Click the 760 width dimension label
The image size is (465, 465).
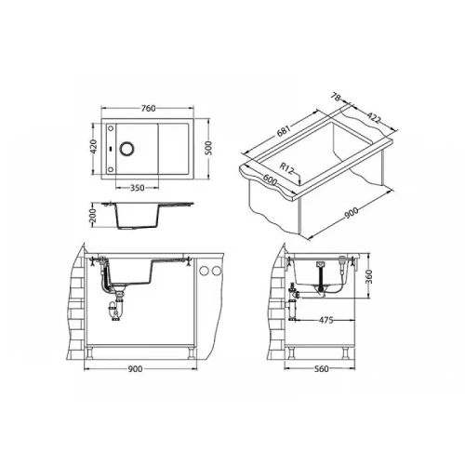pyautogui.click(x=148, y=109)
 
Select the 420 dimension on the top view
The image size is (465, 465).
pyautogui.click(x=94, y=147)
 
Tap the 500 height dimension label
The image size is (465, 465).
pyautogui.click(x=208, y=148)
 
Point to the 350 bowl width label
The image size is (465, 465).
pyautogui.click(x=137, y=188)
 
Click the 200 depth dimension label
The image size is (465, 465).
pyautogui.click(x=93, y=216)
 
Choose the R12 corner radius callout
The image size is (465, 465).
pyautogui.click(x=286, y=169)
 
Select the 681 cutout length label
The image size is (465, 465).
pyautogui.click(x=284, y=131)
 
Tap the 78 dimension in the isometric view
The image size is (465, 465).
pyautogui.click(x=336, y=97)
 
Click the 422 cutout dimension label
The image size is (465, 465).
pyautogui.click(x=373, y=118)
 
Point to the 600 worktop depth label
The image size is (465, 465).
pyautogui.click(x=270, y=180)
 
